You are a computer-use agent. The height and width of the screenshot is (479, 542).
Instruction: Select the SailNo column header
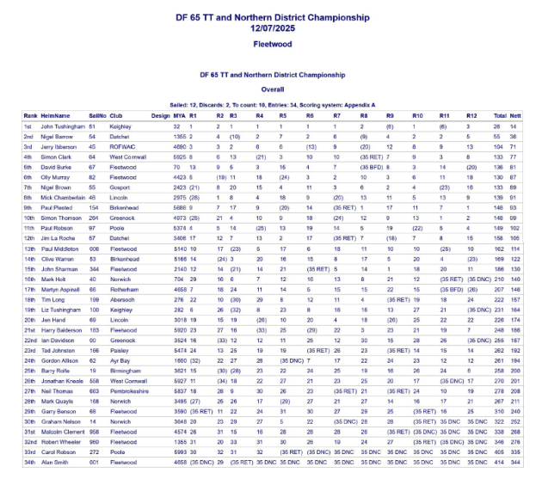click(x=96, y=114)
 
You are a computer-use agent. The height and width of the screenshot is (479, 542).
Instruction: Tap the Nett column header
click(x=515, y=114)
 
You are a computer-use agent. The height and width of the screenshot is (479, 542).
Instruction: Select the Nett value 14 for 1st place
click(x=514, y=126)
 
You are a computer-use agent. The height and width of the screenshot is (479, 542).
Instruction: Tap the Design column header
click(x=159, y=114)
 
